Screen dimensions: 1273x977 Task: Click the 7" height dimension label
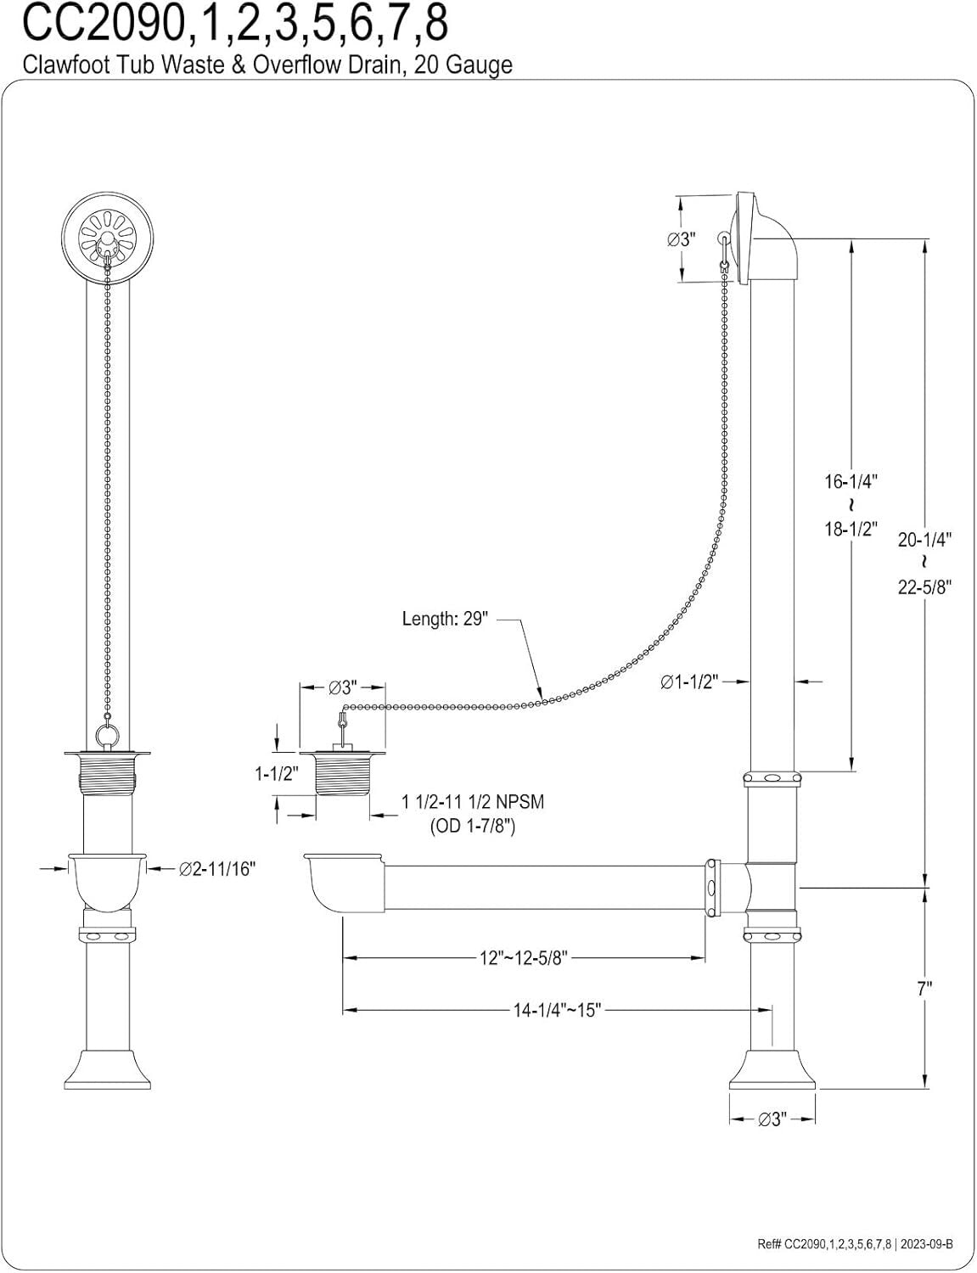[x=924, y=987]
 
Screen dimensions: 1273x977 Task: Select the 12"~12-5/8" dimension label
[x=524, y=958]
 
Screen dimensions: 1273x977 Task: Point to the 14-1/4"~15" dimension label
[x=557, y=1010]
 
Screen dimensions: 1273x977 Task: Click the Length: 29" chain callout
[x=445, y=619]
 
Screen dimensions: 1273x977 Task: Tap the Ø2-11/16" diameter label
[x=217, y=868]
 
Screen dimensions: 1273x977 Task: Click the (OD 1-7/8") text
[x=473, y=824]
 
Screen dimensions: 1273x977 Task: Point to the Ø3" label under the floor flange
[x=771, y=1119]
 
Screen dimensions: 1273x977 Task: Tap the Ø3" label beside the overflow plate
[x=681, y=238]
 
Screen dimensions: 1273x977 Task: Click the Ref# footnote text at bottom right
[x=855, y=1244]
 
